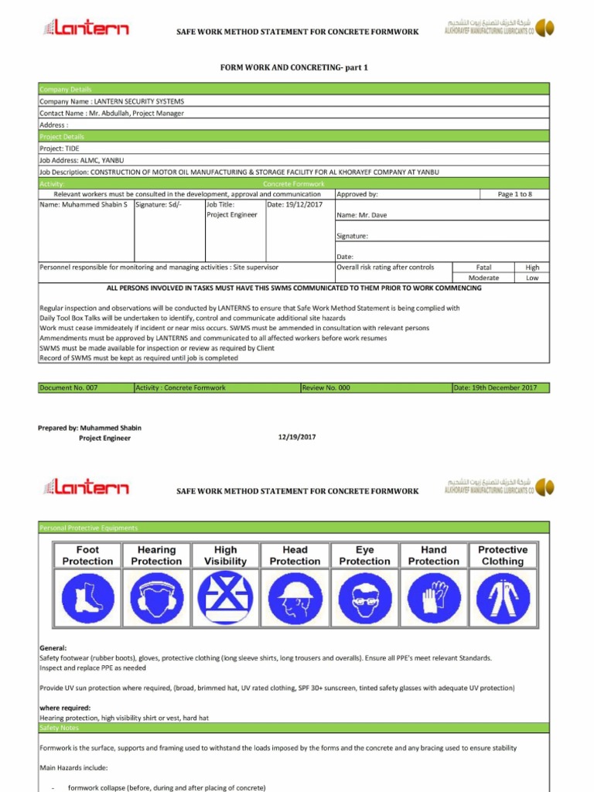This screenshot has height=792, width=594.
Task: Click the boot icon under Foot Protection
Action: (x=87, y=597)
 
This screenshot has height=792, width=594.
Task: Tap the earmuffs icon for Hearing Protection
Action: (x=156, y=597)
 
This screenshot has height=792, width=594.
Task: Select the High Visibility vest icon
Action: (x=225, y=597)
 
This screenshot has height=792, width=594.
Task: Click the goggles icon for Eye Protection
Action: (x=364, y=597)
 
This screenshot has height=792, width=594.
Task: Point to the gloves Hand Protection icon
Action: (x=433, y=597)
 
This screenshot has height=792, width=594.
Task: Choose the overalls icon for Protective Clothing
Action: (x=503, y=597)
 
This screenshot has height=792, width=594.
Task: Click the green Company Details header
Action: (x=294, y=90)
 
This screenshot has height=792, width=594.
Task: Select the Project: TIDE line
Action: (x=60, y=148)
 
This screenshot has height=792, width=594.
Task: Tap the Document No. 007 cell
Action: (x=85, y=387)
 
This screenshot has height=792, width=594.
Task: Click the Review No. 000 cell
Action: (x=375, y=387)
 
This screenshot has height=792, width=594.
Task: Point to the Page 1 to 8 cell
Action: (x=514, y=194)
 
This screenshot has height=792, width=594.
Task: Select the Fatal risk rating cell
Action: (x=483, y=267)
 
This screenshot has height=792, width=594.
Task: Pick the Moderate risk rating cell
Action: (x=483, y=278)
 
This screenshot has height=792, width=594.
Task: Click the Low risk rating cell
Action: (x=532, y=278)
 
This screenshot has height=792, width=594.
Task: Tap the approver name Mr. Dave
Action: (x=362, y=215)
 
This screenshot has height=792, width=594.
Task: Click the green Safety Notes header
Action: (x=294, y=728)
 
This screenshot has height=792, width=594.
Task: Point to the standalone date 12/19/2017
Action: (x=297, y=437)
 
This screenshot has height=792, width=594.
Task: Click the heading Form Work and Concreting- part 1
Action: (x=295, y=67)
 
